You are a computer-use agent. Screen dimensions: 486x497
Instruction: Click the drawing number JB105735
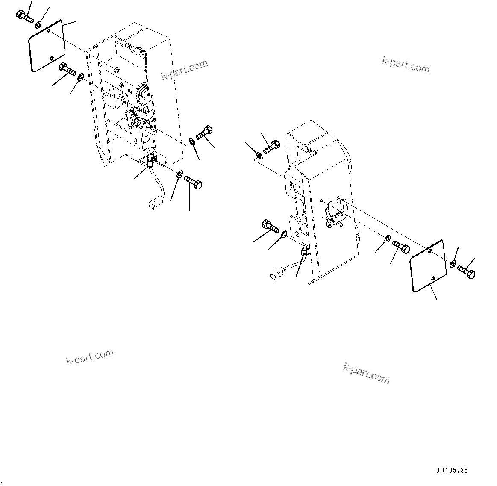452,470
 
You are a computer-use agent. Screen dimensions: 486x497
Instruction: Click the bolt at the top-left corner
25,18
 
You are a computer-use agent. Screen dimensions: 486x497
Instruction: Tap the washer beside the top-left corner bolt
39,24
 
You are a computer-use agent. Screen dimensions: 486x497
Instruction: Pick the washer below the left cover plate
80,77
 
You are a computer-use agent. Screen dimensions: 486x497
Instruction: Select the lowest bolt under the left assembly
194,183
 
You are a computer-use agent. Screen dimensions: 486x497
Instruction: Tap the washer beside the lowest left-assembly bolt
179,174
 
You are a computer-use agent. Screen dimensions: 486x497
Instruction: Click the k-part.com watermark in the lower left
90,357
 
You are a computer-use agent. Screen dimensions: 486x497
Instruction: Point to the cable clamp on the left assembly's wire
152,162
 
